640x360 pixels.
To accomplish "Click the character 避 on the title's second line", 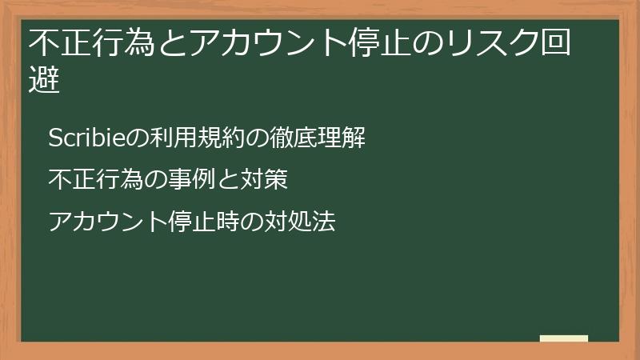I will [x=45, y=81].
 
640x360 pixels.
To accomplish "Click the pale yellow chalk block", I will [x=564, y=338].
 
